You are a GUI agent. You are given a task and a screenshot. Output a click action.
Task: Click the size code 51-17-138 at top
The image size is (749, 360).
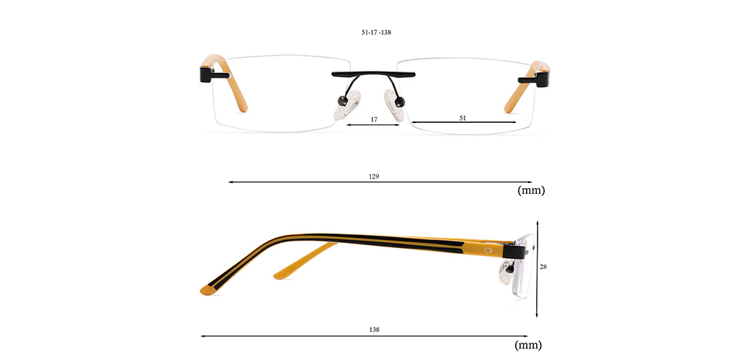point(377,32)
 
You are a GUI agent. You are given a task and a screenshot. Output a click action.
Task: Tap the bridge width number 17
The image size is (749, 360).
point(374,119)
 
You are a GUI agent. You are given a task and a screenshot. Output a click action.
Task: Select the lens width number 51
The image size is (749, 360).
point(462,118)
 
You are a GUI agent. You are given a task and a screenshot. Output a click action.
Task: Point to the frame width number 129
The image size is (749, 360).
point(374,176)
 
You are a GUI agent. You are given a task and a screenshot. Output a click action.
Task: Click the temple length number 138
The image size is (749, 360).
point(374,329)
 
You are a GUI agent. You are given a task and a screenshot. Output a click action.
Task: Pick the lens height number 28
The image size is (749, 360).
point(543,267)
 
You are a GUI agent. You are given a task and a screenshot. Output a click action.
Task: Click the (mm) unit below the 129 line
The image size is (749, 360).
point(531,190)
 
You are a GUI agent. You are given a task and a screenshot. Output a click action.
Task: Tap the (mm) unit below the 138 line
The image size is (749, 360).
point(528,345)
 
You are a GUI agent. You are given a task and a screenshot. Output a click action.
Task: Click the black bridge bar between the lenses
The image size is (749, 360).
point(374,74)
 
